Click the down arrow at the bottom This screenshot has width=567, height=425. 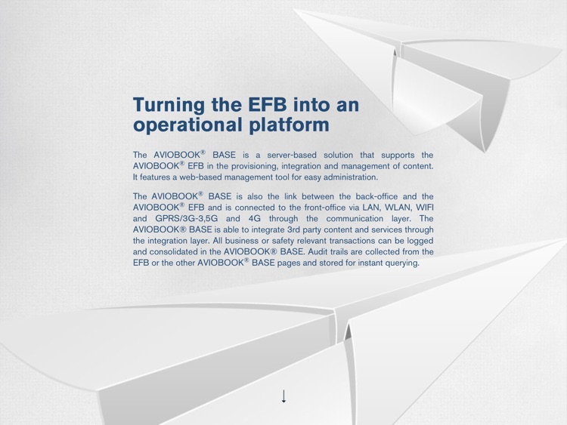(284, 396)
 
